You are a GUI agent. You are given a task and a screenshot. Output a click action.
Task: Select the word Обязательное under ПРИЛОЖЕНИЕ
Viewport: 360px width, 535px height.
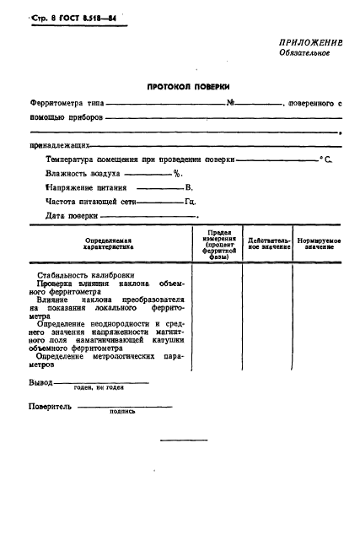pos(304,52)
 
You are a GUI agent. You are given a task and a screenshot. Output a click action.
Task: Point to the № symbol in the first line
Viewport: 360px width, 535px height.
pos(230,103)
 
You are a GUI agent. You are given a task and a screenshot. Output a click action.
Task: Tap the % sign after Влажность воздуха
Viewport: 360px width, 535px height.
pos(178,173)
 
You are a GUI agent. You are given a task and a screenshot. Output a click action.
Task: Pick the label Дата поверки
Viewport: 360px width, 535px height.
pos(72,216)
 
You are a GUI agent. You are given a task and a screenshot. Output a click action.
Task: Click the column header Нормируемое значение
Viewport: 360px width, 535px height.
pos(319,245)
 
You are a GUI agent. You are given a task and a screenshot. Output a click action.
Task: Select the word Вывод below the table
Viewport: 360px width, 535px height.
pos(40,383)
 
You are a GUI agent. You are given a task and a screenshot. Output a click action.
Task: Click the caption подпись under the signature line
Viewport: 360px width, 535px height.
pos(121,413)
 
